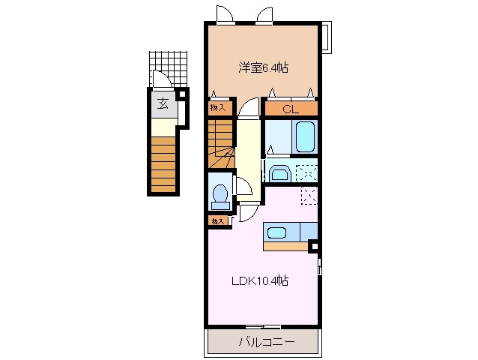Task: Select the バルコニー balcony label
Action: (267, 343)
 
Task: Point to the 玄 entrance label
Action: (163, 103)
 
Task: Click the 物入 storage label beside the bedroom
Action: (216, 107)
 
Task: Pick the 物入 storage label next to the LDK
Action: (217, 220)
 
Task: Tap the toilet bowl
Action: (220, 196)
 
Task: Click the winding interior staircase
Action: (221, 150)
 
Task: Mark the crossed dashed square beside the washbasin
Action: (306, 171)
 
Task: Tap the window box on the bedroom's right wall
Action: (326, 37)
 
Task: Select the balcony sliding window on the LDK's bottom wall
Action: (262, 325)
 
